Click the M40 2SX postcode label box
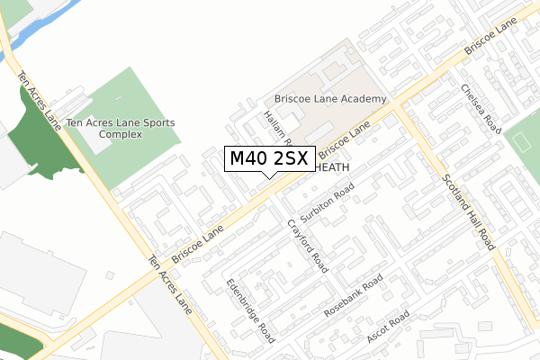click(x=269, y=158)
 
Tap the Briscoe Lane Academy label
click(x=330, y=99)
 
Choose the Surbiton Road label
click(x=328, y=202)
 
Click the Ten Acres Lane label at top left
click(x=40, y=99)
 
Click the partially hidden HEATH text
click(x=332, y=167)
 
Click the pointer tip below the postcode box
click(x=269, y=176)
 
